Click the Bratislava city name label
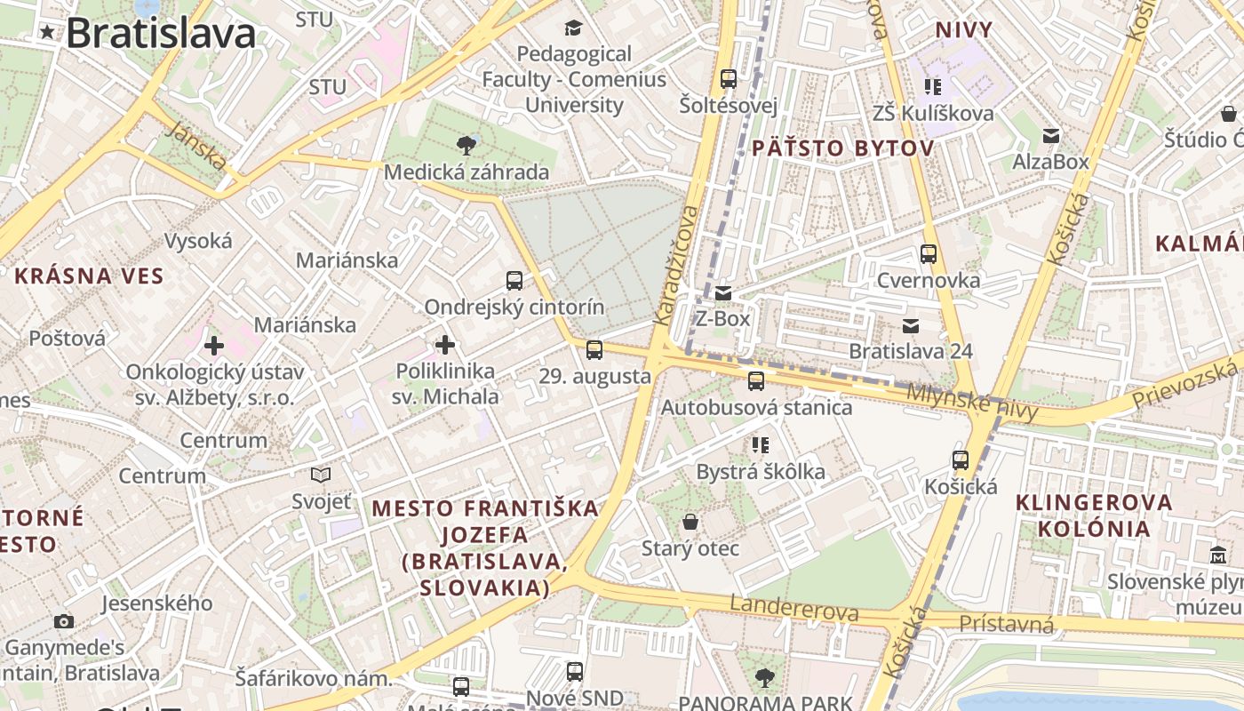(161, 34)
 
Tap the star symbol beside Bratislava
(46, 34)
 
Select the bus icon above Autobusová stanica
(756, 381)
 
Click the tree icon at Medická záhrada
(466, 146)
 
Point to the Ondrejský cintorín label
(514, 308)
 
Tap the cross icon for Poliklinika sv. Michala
(445, 345)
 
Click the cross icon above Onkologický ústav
(213, 345)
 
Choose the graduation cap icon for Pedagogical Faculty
(573, 28)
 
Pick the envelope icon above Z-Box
(723, 292)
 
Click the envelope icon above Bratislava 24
(911, 325)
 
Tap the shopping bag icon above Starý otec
(690, 522)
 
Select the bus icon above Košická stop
(961, 460)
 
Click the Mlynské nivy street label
(972, 401)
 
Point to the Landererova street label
(794, 609)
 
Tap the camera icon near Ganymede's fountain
(64, 621)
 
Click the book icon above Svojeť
(321, 475)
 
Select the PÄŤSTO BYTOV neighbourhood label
(842, 148)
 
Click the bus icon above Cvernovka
(929, 254)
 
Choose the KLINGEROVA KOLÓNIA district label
(1094, 515)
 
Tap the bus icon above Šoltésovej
(729, 79)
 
